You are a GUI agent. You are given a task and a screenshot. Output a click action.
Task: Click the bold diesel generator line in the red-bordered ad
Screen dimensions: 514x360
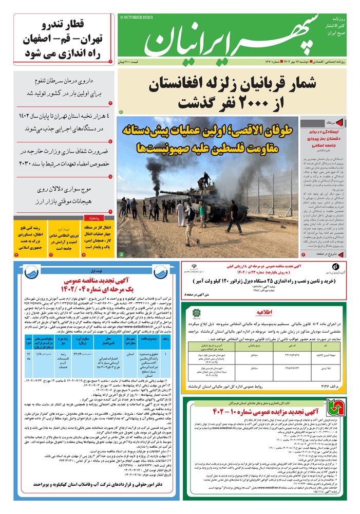[x=262, y=281]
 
